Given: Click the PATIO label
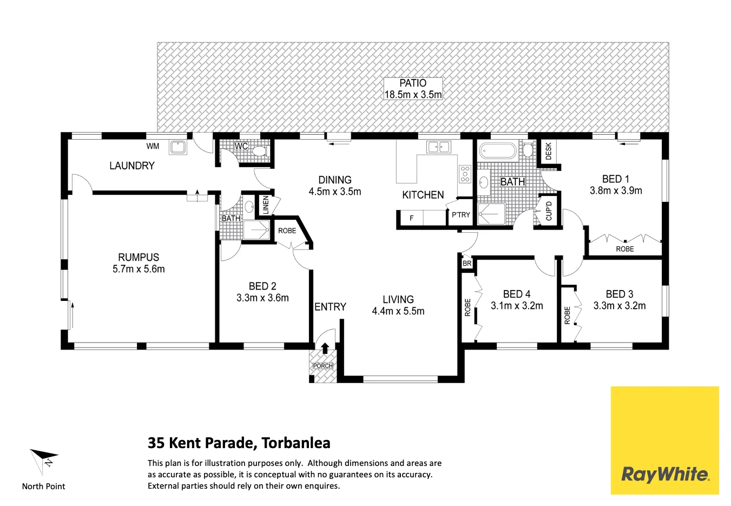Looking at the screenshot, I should tap(413, 83).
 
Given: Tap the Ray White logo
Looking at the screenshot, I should tap(664, 474).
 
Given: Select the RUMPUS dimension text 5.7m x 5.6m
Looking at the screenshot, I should tap(139, 269).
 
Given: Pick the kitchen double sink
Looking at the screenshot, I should tap(438, 147).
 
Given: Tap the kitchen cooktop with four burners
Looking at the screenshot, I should tap(465, 174).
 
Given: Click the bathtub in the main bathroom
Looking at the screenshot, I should tap(498, 150).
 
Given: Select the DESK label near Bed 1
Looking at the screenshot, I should tap(548, 152).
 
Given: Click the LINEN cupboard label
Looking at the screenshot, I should tap(266, 205).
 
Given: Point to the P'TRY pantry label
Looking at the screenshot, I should tap(461, 215).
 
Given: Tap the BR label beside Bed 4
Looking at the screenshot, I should tap(467, 264).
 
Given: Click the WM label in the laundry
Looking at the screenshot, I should tap(153, 146).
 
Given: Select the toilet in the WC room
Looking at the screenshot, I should tap(260, 150).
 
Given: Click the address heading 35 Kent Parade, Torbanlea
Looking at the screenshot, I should tap(239, 443).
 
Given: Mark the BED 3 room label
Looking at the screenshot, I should tap(619, 294).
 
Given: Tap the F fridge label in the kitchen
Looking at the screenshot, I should tap(412, 218).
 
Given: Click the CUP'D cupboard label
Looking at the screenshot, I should tap(549, 211).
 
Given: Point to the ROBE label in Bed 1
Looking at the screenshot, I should tap(625, 249).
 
